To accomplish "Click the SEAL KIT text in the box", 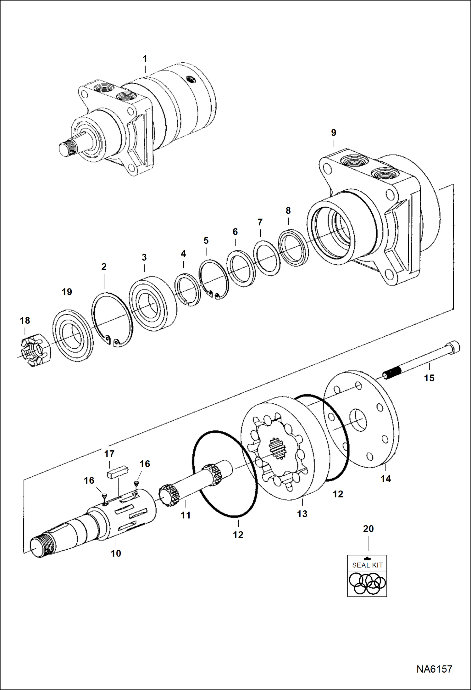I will tap(367, 565).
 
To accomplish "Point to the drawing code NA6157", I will tap(434, 669).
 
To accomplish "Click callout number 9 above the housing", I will tap(334, 132).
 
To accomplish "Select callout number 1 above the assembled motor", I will tap(145, 59).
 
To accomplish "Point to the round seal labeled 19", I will tap(73, 335).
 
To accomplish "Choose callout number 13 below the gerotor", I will tap(302, 514).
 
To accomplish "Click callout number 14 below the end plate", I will tap(385, 479).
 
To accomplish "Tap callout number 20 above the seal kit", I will tap(368, 529).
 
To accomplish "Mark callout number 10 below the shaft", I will tap(116, 553).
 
